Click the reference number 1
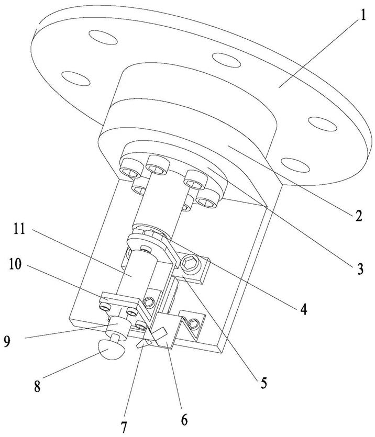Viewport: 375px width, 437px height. [x=362, y=15]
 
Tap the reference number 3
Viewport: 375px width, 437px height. [x=360, y=269]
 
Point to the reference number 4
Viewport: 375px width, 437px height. [x=303, y=309]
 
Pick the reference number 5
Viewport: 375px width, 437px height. [x=263, y=383]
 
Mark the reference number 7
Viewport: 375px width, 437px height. [x=124, y=427]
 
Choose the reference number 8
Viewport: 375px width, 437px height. [x=37, y=387]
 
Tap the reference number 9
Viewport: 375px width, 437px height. [x=7, y=341]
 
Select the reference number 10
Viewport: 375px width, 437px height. [x=15, y=264]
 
